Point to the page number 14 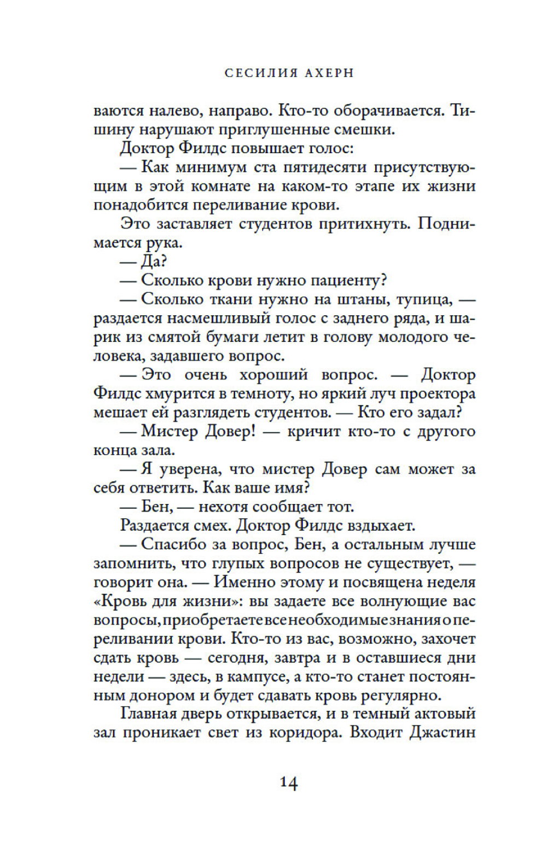pyautogui.click(x=289, y=783)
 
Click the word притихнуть pyautogui.click(x=366, y=224)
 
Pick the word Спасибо pyautogui.click(x=173, y=545)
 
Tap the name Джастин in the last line pyautogui.click(x=442, y=733)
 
